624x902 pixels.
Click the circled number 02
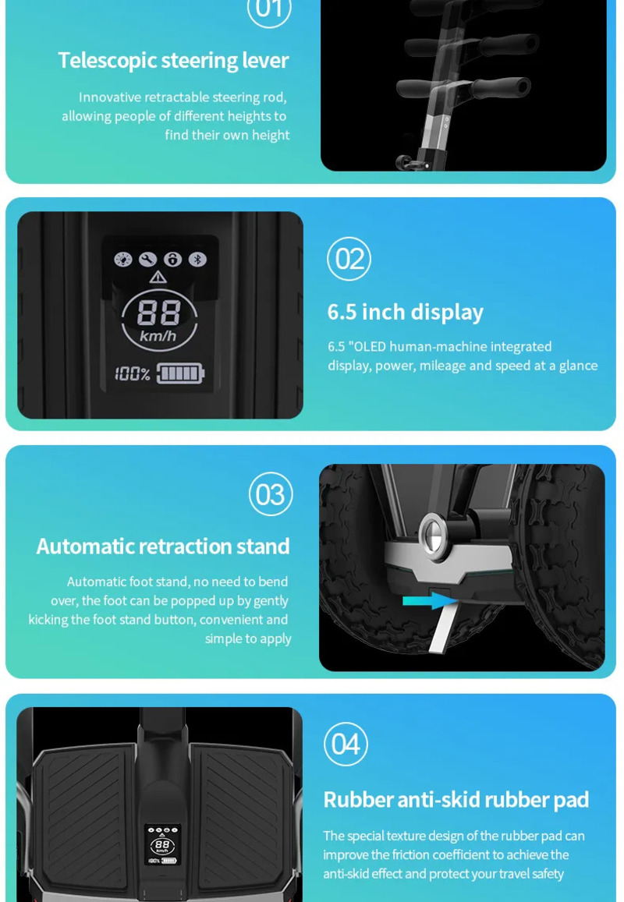tap(349, 259)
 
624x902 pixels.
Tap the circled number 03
tap(271, 494)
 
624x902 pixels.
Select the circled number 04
tap(346, 744)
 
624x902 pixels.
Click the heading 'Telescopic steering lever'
tap(173, 60)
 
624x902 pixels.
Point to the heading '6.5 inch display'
tap(406, 312)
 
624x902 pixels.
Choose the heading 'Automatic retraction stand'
tap(163, 546)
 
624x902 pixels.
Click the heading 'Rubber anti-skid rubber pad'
tap(456, 800)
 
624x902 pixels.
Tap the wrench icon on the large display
tap(148, 260)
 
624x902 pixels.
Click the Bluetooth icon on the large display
tap(197, 260)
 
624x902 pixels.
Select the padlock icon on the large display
tap(172, 260)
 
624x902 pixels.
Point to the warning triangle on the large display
tap(158, 278)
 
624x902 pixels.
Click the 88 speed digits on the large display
tap(158, 313)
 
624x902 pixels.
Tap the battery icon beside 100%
tap(180, 373)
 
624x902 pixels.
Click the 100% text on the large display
tap(133, 374)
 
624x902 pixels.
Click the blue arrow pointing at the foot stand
tap(430, 600)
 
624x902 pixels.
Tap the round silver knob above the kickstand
tap(434, 536)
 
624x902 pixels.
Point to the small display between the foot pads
tap(162, 844)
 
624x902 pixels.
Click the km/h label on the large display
tap(158, 335)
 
